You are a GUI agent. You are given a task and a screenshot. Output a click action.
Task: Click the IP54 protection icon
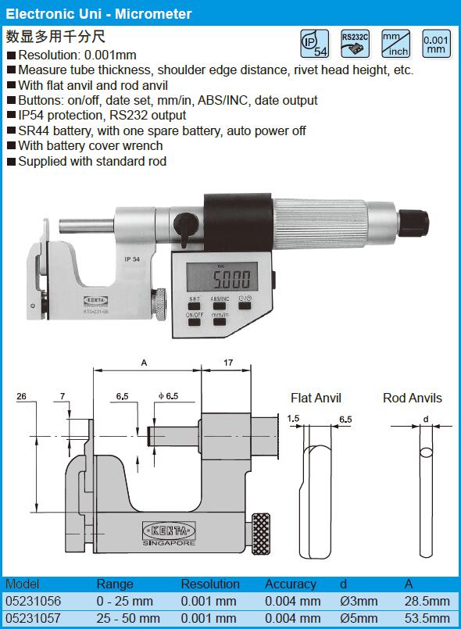315,43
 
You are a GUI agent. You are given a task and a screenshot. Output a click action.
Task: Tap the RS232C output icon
355,43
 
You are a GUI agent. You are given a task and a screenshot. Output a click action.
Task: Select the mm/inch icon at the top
395,43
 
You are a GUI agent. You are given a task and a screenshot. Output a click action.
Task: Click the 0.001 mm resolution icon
436,43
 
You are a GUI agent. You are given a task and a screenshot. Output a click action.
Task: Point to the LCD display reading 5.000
222,277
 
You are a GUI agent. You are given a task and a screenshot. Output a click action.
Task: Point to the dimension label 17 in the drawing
228,363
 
